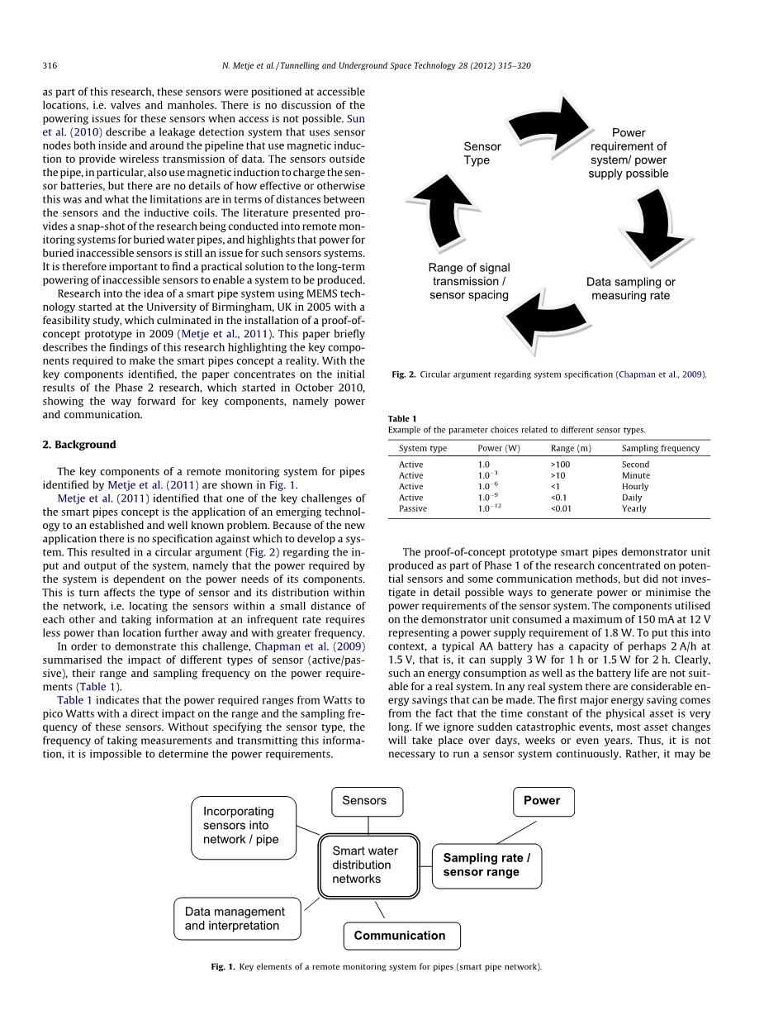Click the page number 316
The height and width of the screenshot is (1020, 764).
tap(50, 65)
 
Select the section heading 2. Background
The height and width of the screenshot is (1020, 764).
tap(79, 445)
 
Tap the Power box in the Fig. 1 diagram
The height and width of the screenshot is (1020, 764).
tap(543, 801)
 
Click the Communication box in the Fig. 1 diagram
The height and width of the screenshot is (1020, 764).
tap(401, 936)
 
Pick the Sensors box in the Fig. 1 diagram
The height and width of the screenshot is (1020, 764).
tap(367, 801)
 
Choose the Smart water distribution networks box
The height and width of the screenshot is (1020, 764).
tap(368, 865)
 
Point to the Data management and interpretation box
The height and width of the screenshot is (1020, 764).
tap(237, 918)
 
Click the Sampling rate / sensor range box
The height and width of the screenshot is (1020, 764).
tap(486, 865)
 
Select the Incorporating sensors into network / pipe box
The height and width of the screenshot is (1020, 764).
tap(244, 826)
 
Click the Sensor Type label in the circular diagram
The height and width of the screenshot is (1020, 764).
tap(482, 154)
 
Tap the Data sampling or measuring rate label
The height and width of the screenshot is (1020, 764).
tap(630, 288)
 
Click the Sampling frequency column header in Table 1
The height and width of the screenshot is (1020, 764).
tap(660, 448)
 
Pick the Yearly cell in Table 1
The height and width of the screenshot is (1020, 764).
tap(634, 508)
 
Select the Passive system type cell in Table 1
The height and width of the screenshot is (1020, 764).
tap(413, 508)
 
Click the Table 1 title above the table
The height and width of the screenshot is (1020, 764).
tap(402, 418)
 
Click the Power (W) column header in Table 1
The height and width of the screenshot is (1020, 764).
tap(499, 448)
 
